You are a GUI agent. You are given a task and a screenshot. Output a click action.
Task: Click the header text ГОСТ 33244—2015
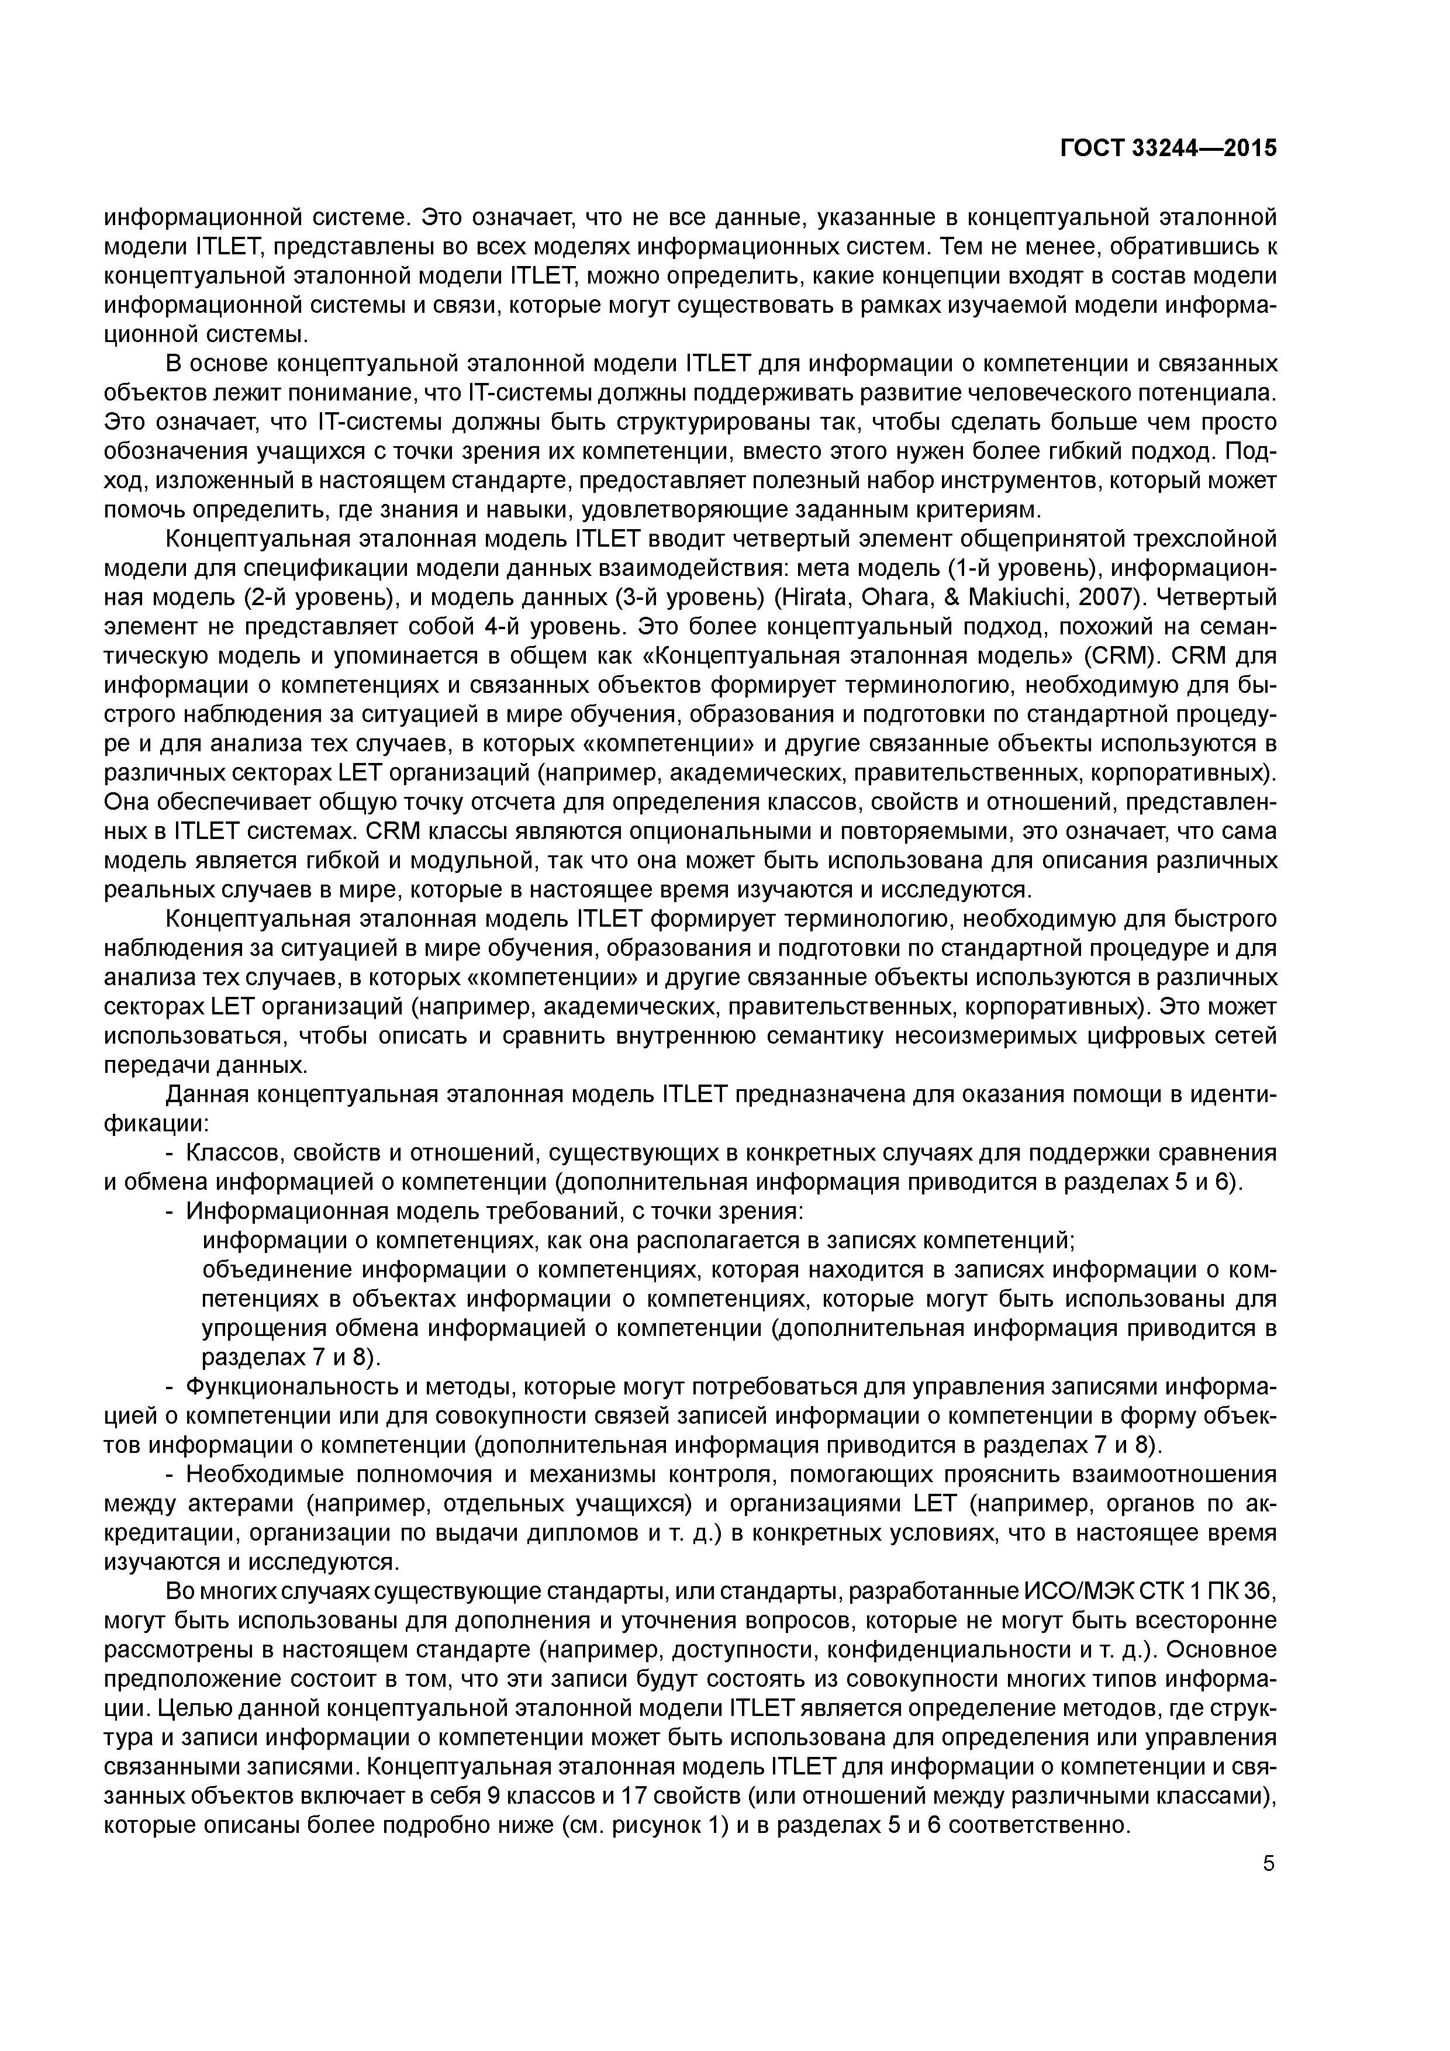(x=1168, y=149)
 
